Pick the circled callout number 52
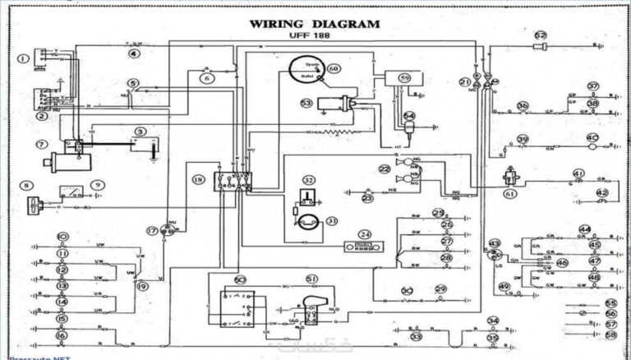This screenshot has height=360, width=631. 540,35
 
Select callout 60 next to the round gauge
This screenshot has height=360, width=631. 333,68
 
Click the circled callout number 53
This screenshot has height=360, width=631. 306,104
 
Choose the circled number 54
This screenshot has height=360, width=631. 408,116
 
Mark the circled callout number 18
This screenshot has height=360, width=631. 197,178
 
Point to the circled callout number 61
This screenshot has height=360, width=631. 510,194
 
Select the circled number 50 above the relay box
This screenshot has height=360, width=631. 241,280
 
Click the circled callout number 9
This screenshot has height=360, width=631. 98,186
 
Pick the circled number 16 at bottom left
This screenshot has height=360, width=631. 61,335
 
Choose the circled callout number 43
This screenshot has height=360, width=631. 494,244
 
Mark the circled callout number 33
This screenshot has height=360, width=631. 417,337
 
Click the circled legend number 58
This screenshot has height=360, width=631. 610,335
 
